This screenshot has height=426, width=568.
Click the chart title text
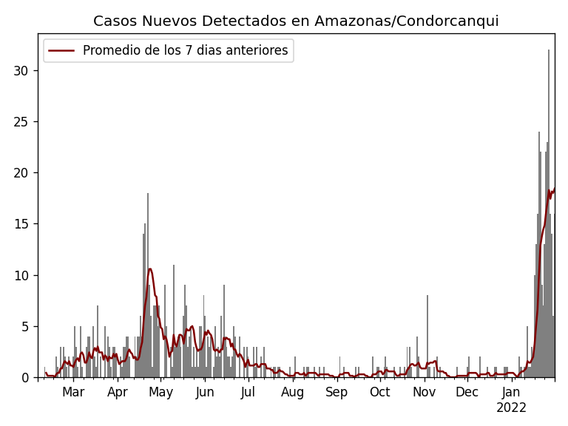tap(296, 21)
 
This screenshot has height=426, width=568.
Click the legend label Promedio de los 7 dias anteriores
tap(185, 51)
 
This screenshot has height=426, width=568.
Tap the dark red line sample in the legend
tap(61, 51)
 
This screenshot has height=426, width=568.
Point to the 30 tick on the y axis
tap(21, 71)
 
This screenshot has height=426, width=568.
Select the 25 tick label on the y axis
tap(21, 122)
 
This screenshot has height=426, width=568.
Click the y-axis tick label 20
tap(21, 173)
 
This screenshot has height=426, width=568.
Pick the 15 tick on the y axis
tap(21, 224)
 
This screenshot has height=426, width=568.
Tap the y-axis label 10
tap(21, 275)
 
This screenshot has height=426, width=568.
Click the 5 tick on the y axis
tap(24, 326)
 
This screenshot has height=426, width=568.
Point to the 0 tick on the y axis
tap(24, 377)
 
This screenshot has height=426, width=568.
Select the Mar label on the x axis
tap(73, 393)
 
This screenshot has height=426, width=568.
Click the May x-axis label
tap(160, 393)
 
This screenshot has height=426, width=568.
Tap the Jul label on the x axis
tap(248, 393)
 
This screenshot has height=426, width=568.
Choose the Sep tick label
tap(337, 393)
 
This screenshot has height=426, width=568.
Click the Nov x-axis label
tap(424, 393)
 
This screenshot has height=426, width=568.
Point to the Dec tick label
tap(467, 393)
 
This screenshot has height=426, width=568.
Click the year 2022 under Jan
tap(511, 408)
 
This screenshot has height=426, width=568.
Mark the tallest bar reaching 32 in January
tap(549, 214)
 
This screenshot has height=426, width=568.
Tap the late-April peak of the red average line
tap(149, 269)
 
